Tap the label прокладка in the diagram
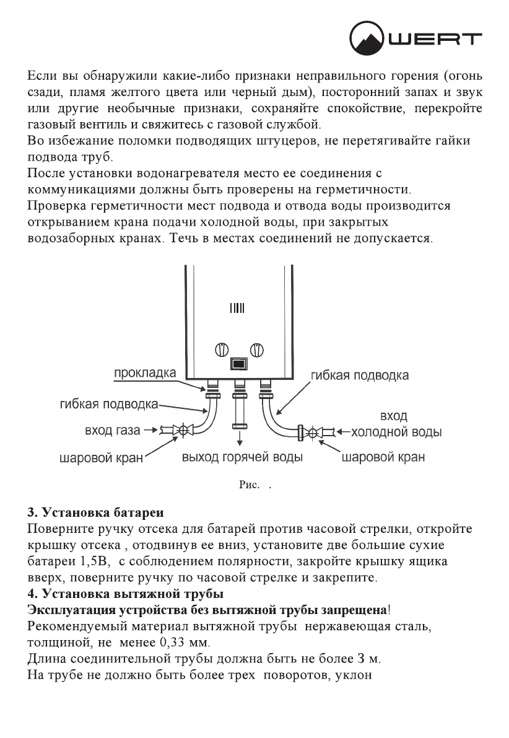point(144,373)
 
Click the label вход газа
point(112,429)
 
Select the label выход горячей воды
point(241,458)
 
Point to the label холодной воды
point(396,432)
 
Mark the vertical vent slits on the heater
point(238,308)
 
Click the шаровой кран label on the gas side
point(101,459)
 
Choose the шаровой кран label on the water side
point(383,458)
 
